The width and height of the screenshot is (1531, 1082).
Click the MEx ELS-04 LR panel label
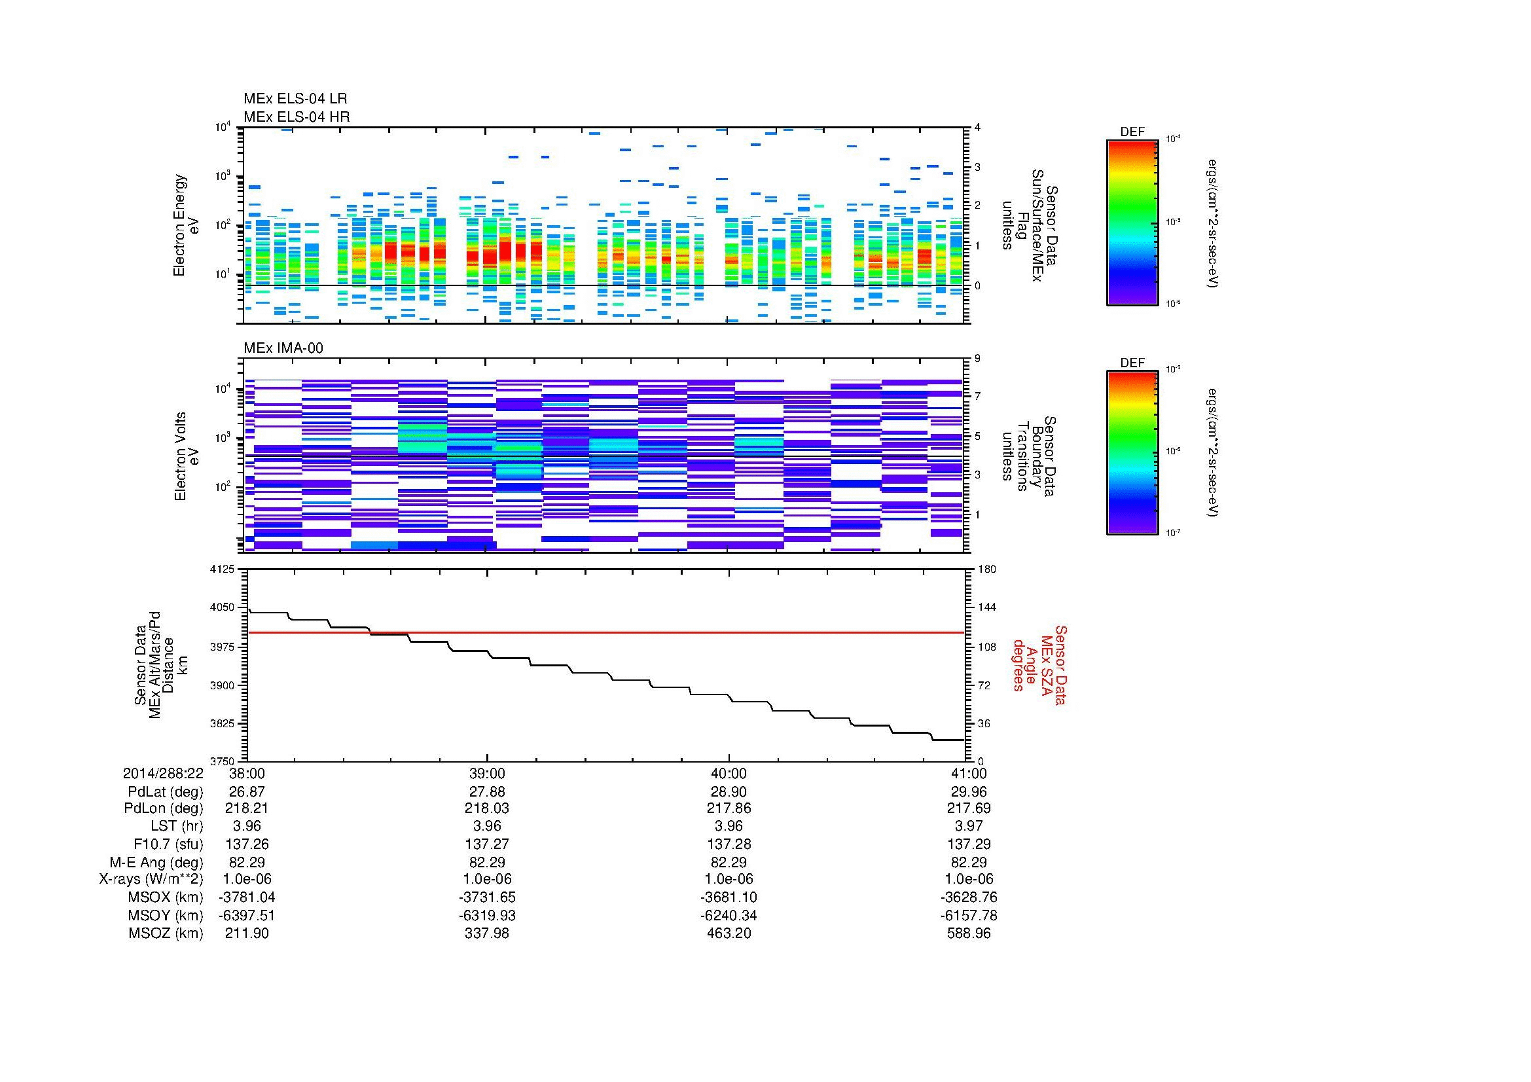click(295, 99)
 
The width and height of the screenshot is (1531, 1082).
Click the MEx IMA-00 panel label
click(283, 348)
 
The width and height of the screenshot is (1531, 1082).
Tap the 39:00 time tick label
click(487, 773)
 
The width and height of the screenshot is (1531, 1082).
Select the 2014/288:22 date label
click(163, 773)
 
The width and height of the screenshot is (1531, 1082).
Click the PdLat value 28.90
click(728, 791)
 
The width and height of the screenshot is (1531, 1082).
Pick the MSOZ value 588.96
click(968, 933)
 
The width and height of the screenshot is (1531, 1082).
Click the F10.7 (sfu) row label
click(168, 844)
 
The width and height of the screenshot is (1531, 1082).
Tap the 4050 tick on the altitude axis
click(223, 607)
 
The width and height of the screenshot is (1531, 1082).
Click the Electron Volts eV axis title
click(187, 457)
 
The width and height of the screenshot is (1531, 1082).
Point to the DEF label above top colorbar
click(1132, 133)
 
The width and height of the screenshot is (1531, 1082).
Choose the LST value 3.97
click(968, 826)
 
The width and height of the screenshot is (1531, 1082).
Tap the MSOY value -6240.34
click(728, 915)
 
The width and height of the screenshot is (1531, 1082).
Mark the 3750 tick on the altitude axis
click(223, 761)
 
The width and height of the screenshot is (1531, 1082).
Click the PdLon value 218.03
click(487, 808)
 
